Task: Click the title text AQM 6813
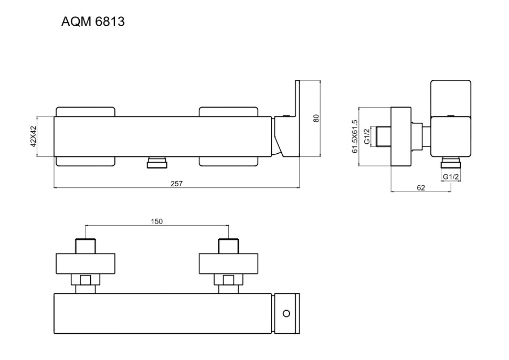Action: (x=93, y=22)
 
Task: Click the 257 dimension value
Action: (x=176, y=183)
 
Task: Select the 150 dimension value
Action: (x=156, y=221)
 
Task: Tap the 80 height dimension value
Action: (x=316, y=118)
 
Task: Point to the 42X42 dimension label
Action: (x=34, y=136)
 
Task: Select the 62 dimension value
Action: (x=421, y=187)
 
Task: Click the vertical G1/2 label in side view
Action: (x=367, y=137)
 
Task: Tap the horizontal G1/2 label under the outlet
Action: (x=451, y=177)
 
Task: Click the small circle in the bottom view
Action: (x=286, y=313)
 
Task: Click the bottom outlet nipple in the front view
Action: (x=156, y=162)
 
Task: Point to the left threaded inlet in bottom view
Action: (x=85, y=246)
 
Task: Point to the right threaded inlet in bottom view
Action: (x=228, y=246)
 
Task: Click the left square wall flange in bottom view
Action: (x=85, y=264)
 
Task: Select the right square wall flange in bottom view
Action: (x=228, y=264)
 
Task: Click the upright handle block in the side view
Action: (x=450, y=97)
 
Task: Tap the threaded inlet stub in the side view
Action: (x=380, y=137)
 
